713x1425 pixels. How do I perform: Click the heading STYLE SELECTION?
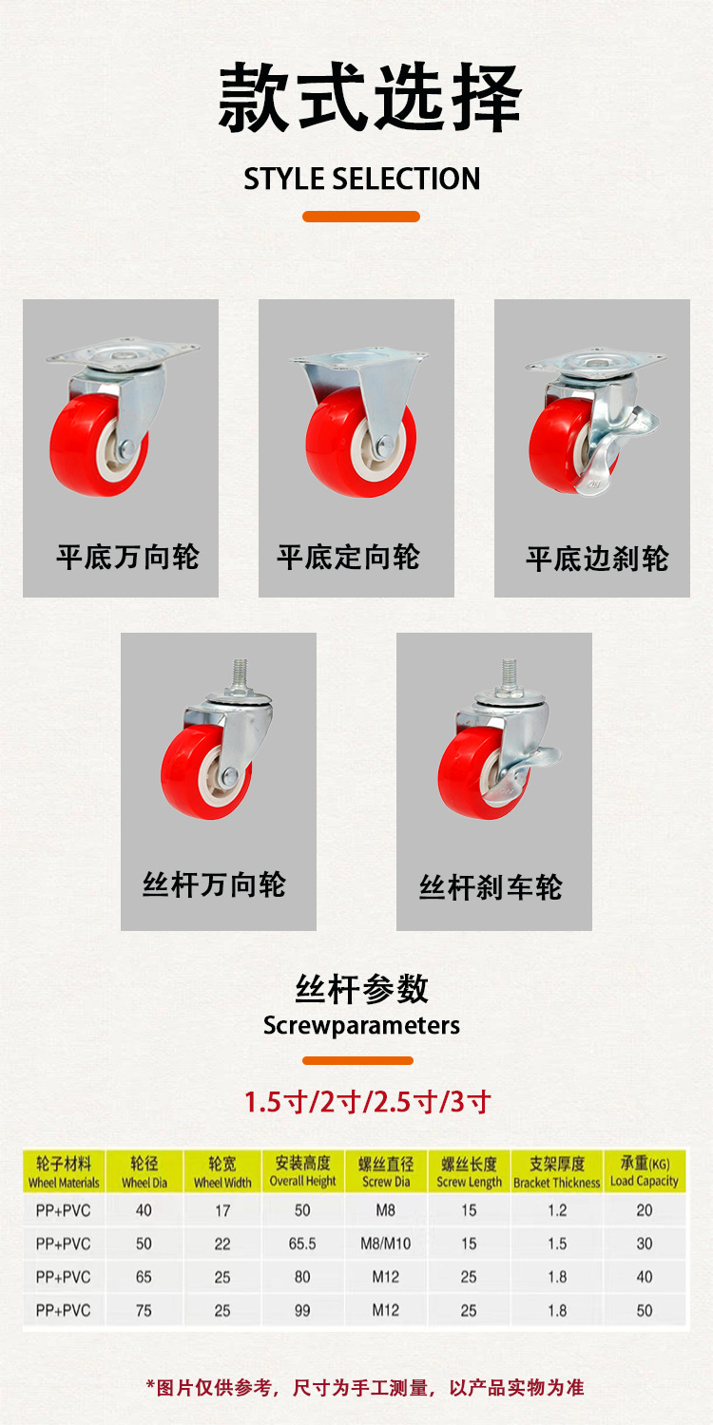(361, 179)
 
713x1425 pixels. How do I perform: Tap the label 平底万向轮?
(128, 558)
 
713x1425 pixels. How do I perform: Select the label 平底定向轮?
(348, 558)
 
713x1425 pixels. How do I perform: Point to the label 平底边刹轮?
(597, 559)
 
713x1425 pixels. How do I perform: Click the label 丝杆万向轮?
(214, 884)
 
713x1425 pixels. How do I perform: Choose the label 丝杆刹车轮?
(491, 887)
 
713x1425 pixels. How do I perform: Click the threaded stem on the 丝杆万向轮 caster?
(240, 673)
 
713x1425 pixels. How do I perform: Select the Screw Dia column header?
(386, 1171)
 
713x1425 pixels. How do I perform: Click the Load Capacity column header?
(645, 1171)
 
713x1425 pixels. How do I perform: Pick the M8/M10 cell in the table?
(386, 1243)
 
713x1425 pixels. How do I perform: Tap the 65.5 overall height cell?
(302, 1243)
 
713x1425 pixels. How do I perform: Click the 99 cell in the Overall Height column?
(302, 1310)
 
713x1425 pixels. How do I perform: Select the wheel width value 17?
(222, 1210)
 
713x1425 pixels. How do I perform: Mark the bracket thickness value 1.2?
(557, 1210)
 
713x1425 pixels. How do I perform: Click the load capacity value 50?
(645, 1310)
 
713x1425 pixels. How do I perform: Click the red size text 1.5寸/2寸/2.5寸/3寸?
(367, 1102)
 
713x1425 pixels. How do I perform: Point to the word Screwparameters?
(361, 1025)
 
